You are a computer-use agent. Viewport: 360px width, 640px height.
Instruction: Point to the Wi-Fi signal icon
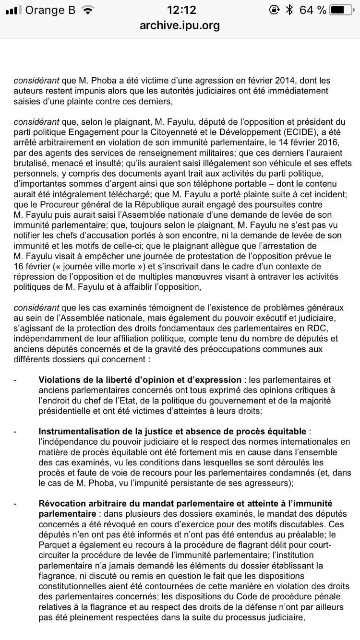(x=88, y=10)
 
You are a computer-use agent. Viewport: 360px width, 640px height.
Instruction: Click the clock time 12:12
(x=180, y=10)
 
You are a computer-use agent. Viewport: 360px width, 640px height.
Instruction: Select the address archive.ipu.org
(x=180, y=25)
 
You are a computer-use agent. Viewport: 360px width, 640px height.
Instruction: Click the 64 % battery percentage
(x=312, y=10)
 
